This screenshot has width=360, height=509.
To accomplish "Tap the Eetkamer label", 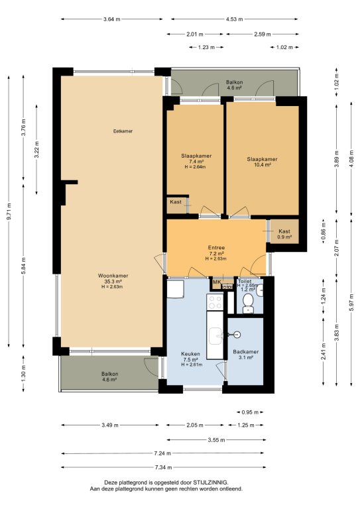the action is click(123, 131).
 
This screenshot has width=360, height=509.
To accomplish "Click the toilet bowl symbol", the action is click(249, 303).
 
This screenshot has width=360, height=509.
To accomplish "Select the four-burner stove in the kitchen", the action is click(215, 302).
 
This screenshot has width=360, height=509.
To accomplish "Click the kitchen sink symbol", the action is click(215, 336).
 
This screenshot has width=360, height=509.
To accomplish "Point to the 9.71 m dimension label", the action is click(9, 211).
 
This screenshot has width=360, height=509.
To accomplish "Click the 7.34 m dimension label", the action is click(163, 467).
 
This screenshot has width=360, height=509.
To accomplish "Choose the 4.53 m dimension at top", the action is click(235, 19).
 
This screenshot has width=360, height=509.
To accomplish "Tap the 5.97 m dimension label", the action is click(351, 302).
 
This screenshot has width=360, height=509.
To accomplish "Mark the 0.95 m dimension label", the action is click(250, 412).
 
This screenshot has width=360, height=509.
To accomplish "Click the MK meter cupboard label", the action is click(217, 282).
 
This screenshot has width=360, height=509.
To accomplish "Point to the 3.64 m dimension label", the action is click(111, 19).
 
